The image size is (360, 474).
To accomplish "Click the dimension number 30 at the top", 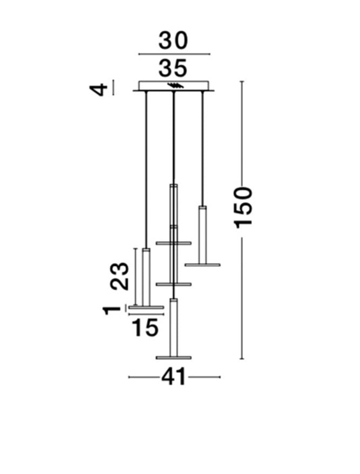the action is click(173, 41).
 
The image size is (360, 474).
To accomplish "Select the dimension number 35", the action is click(173, 68).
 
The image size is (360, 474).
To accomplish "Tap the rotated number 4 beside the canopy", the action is click(99, 90).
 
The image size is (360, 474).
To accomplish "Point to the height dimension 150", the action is click(243, 208).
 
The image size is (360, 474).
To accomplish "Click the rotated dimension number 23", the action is click(119, 276).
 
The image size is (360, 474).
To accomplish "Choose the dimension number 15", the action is click(145, 328).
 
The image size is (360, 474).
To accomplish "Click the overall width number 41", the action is click(173, 376).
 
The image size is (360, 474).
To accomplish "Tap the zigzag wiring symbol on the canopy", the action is click(176, 86).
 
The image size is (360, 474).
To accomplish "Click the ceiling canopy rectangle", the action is click(174, 86).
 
